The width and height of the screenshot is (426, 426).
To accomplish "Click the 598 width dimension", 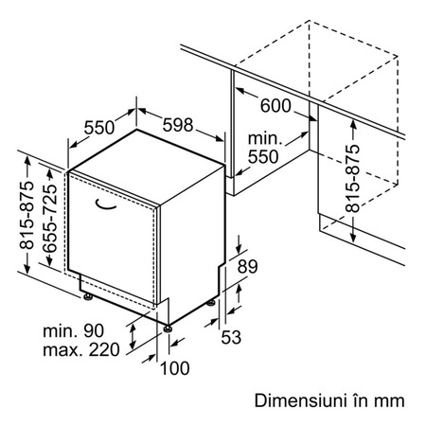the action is [x=178, y=125].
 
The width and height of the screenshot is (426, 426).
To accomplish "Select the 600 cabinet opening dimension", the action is [x=275, y=105].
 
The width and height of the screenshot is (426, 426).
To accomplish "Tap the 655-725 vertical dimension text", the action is [x=50, y=219].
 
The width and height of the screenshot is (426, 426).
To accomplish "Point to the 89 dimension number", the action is [x=248, y=266].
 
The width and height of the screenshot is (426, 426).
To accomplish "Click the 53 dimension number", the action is [x=231, y=337].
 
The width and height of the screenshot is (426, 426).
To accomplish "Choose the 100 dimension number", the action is [x=175, y=368].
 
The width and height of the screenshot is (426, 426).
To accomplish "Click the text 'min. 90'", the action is [x=73, y=331].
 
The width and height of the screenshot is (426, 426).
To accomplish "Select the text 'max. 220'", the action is [x=81, y=350].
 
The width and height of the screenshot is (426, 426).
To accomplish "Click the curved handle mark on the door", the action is [x=105, y=205].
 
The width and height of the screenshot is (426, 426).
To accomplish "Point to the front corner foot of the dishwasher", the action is [x=168, y=328].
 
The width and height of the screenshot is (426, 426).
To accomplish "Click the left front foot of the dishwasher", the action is [x=88, y=296].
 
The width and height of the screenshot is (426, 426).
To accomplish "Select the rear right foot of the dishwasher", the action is [x=211, y=303].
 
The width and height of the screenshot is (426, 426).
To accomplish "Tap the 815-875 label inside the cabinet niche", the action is [x=352, y=178].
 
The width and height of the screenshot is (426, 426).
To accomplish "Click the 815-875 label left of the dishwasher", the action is [x=27, y=215].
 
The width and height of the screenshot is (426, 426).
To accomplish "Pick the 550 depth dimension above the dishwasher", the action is [x=99, y=128].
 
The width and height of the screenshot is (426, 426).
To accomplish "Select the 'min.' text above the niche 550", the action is [x=265, y=139].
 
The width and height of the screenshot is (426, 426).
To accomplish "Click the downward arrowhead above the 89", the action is [x=239, y=248].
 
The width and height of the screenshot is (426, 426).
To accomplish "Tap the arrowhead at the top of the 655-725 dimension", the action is [x=49, y=173].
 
